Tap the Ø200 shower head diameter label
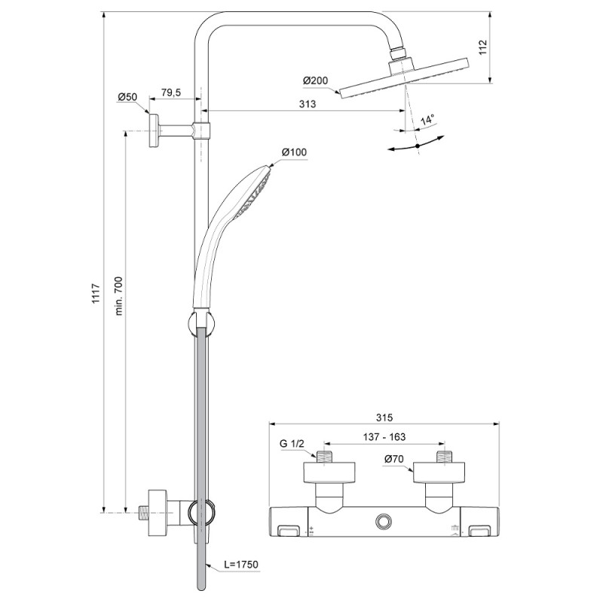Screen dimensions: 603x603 (316, 81)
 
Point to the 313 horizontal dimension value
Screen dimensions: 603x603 (307, 105)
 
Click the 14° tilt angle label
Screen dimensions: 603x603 (427, 120)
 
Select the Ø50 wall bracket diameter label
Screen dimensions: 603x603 (127, 96)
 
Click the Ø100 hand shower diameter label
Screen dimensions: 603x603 (294, 153)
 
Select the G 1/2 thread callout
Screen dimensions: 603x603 (291, 443)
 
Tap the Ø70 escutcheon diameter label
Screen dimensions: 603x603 (393, 458)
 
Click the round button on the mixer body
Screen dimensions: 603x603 (384, 522)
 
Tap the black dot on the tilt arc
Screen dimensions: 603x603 (417, 145)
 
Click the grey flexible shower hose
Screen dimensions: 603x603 (202, 452)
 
